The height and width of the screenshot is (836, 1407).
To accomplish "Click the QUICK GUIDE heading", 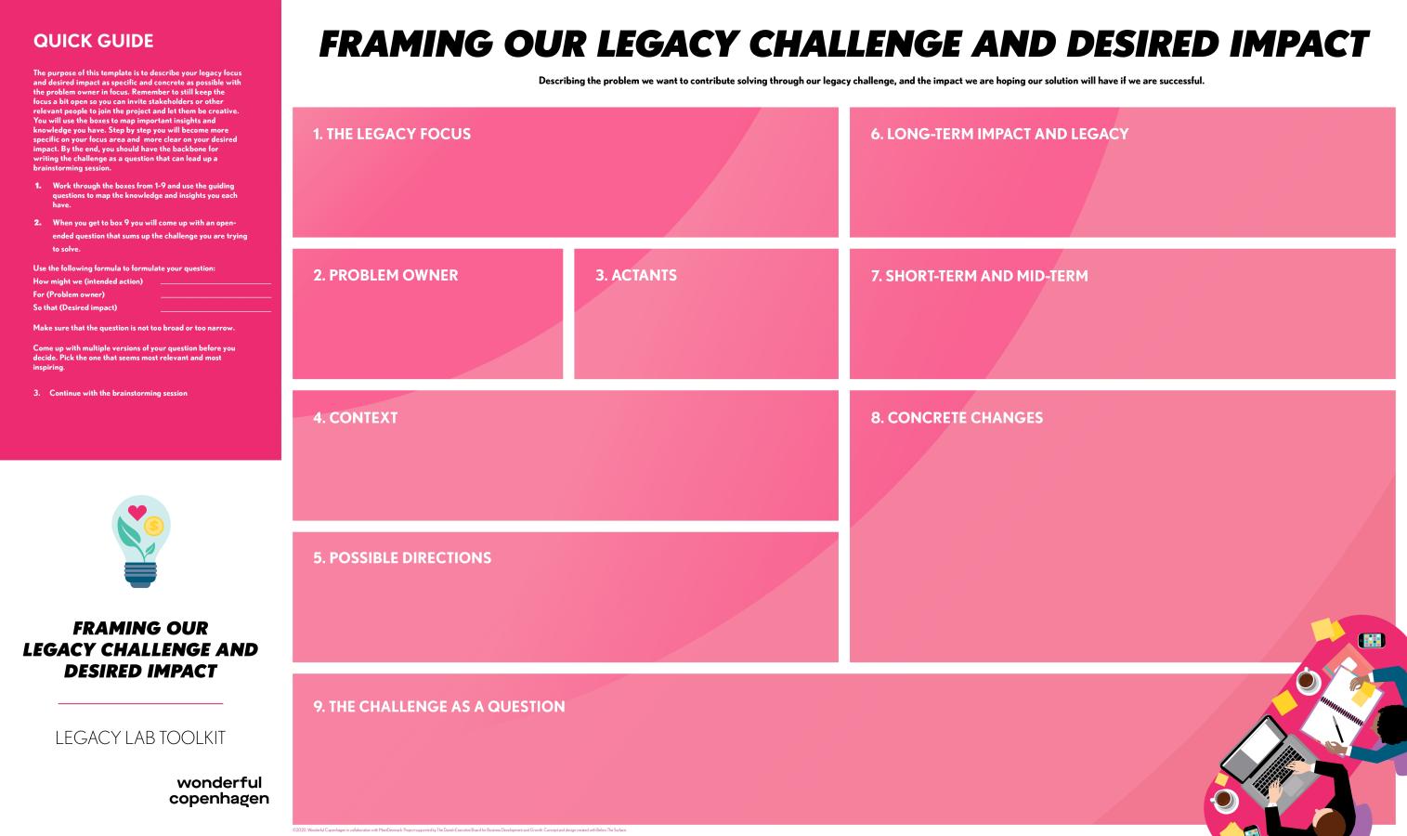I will click(93, 41).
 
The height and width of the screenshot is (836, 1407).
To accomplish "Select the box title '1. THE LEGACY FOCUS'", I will click(392, 134).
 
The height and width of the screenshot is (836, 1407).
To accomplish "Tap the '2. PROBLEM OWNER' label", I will click(385, 275).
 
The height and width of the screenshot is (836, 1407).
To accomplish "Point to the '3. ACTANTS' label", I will click(636, 275).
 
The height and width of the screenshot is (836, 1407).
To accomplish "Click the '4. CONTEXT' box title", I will click(356, 418).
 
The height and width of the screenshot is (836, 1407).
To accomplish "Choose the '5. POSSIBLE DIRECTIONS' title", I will click(402, 558).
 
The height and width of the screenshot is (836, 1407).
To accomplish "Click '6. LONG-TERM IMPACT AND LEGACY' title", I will click(999, 134).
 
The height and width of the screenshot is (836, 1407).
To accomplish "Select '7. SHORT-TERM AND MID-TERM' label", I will click(979, 276).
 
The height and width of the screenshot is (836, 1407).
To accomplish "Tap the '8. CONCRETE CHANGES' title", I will click(957, 418).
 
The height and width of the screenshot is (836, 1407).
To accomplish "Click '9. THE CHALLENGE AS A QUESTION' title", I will click(439, 707).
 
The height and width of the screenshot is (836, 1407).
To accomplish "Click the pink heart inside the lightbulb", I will click(137, 511).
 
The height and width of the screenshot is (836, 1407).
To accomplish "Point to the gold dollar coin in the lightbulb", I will click(154, 527).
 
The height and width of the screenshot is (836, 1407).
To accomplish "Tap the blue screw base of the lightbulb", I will click(140, 576).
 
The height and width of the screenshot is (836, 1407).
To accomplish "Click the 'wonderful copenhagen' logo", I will click(219, 790).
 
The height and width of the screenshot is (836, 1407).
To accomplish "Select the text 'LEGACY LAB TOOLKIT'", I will click(140, 738).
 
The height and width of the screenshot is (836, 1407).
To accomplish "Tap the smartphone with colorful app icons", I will click(1371, 640).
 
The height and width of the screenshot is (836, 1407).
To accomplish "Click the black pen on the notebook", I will click(1338, 728).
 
